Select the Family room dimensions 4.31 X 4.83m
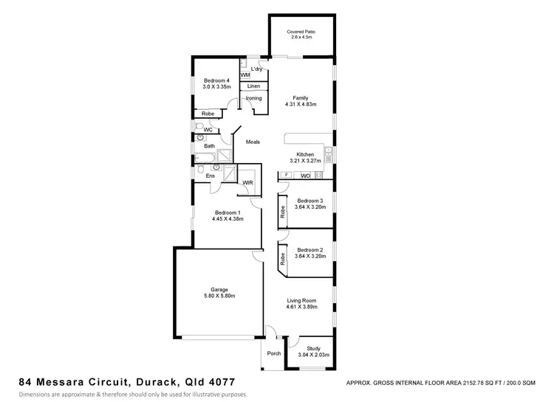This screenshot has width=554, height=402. coord(300,104)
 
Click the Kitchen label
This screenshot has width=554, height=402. coord(305,154)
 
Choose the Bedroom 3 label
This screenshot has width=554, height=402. coord(310,201)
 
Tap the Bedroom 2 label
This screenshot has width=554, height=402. coord(310,250)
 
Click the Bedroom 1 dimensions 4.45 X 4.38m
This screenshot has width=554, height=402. coord(227,218)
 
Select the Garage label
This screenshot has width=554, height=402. coord(219,289)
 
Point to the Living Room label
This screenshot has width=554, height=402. coord(301,300)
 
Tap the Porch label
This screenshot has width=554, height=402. coord(274,353)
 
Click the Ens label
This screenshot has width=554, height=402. coord(211,176)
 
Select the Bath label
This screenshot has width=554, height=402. coord(210,146)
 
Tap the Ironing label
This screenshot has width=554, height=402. coord(253,98)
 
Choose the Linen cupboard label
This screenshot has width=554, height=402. coord(253,86)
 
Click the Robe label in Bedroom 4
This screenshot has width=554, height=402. coord(208,114)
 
